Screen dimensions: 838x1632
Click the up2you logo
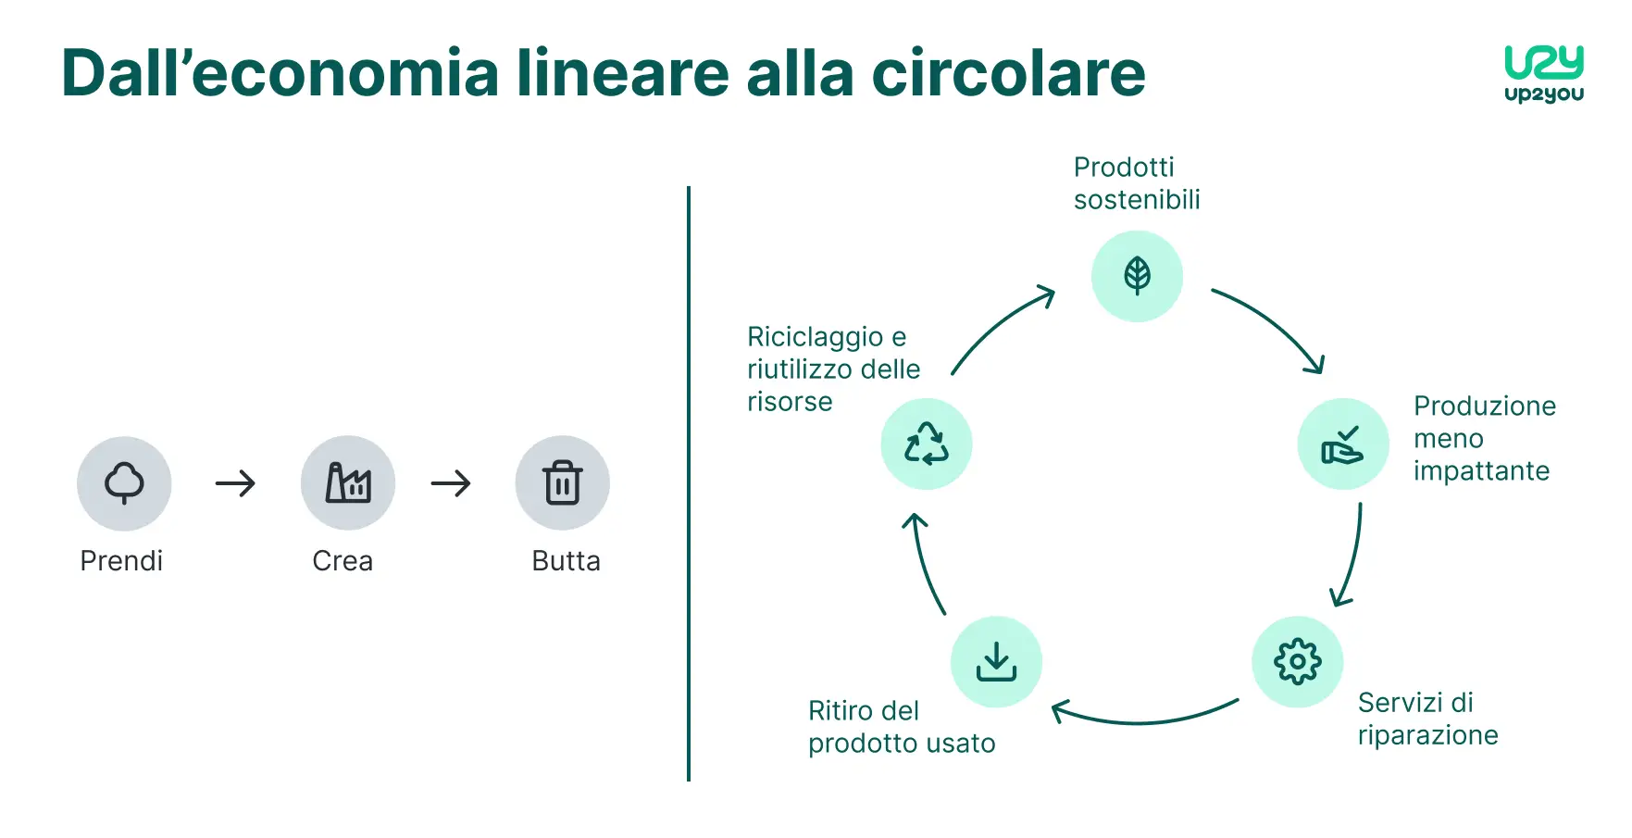point(1543,73)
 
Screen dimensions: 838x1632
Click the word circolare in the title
point(1008,74)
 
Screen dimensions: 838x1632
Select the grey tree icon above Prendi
point(124,482)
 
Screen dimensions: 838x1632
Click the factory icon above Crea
point(348,482)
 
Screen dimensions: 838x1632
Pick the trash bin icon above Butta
point(563,482)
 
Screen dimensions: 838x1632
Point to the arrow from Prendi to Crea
point(235,483)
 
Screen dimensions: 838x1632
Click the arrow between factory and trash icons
point(451,483)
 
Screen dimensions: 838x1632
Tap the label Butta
point(566,561)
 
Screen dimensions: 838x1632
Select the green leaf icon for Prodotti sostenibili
point(1137,276)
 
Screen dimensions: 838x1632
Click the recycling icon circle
point(926,444)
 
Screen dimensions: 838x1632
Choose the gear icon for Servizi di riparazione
point(1297,661)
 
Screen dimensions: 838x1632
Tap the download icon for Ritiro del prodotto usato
point(996,661)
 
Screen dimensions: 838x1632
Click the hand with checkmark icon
point(1342,444)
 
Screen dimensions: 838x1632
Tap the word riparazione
point(1427,735)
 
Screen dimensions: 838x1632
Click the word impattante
point(1481,471)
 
